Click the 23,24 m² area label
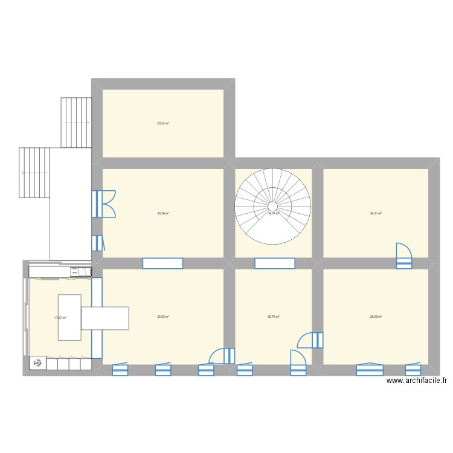[163, 124]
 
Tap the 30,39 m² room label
[163, 213]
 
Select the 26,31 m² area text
[376, 213]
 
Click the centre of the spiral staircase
[273, 206]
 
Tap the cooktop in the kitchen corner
[39, 363]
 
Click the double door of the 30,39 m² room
[104, 204]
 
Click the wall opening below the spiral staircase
[275, 263]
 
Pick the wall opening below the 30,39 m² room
[163, 263]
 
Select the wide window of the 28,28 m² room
[370, 369]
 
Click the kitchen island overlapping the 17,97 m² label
[69, 316]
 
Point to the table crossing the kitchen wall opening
[106, 318]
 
